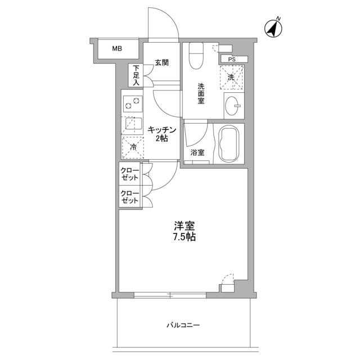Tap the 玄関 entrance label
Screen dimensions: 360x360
click(x=161, y=63)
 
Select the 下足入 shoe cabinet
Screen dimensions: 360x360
click(x=136, y=75)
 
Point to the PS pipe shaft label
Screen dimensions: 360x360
click(x=231, y=58)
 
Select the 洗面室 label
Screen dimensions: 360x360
click(x=200, y=93)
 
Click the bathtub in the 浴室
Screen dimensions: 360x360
click(x=228, y=144)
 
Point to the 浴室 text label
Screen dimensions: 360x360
click(x=196, y=152)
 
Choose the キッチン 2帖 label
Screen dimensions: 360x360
click(x=162, y=134)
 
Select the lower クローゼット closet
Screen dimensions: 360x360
click(x=130, y=197)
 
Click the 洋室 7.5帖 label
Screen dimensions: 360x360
click(x=184, y=232)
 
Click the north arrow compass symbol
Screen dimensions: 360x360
click(x=273, y=28)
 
